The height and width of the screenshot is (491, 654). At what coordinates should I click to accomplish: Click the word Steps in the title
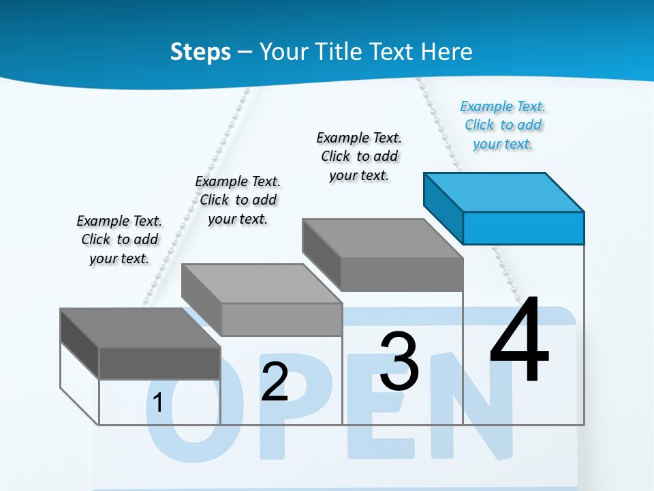click(200, 52)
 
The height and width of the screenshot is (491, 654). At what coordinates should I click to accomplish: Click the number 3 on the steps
click(399, 361)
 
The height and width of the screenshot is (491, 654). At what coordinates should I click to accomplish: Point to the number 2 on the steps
click(275, 382)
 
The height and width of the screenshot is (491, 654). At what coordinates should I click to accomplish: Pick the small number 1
click(157, 402)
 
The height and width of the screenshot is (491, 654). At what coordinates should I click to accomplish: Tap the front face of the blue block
click(523, 228)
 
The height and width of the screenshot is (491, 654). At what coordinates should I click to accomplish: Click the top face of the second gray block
click(261, 283)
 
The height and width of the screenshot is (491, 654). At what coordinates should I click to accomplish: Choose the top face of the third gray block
click(382, 239)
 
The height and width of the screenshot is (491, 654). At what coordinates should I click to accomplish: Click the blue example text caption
click(503, 125)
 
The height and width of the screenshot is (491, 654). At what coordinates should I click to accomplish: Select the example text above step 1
click(119, 239)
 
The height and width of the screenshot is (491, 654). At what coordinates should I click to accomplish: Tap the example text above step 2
click(238, 200)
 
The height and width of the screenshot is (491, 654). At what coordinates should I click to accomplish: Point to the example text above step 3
click(359, 156)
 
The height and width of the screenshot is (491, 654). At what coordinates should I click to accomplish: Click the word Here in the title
click(446, 52)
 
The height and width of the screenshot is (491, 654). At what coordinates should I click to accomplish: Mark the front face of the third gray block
click(402, 275)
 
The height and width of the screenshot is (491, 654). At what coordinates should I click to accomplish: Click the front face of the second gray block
click(282, 319)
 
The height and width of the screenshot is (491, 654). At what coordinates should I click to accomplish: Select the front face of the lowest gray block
click(160, 363)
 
